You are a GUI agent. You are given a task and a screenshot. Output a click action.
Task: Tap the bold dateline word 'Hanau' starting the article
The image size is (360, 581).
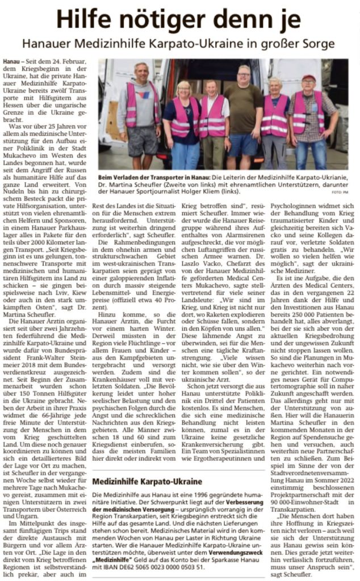point(11,60)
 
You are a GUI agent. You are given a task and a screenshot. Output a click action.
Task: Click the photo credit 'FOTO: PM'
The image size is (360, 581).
point(339,193)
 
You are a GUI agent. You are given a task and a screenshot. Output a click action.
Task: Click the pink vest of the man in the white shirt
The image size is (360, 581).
point(211,117)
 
